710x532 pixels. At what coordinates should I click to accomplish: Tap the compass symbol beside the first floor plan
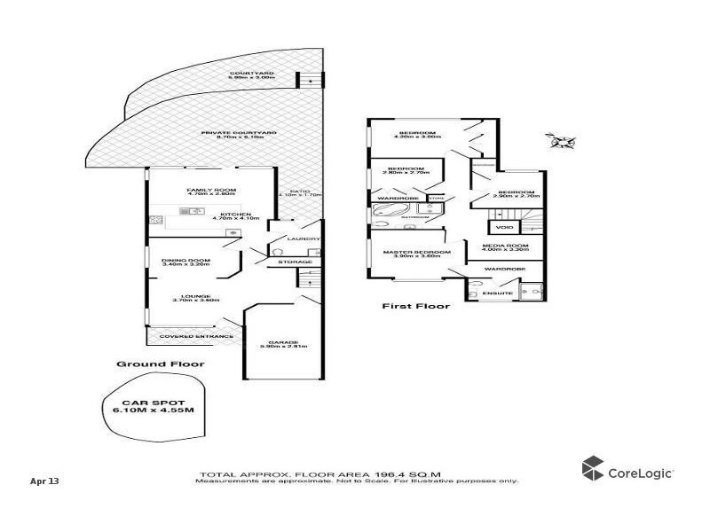tap(562, 140)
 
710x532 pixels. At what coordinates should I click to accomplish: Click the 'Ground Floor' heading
tap(161, 364)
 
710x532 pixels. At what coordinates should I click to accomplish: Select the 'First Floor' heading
tap(415, 307)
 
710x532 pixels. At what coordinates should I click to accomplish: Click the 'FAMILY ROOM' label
tap(206, 191)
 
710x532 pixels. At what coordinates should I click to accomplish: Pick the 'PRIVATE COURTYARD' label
tap(239, 133)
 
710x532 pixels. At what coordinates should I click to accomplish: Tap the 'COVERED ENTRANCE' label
tap(196, 336)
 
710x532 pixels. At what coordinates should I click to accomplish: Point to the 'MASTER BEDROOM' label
tap(416, 252)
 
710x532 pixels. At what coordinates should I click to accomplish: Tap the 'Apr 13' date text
tap(44, 481)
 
